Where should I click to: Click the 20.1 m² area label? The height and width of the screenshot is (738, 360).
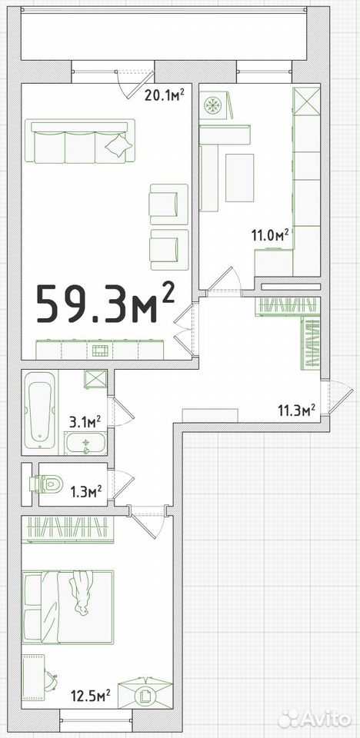coord(165,95)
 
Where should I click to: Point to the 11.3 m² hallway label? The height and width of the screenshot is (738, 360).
coord(296,411)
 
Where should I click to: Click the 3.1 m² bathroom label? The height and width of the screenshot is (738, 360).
coord(85,421)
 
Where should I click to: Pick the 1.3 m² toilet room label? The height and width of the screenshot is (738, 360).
coord(86,492)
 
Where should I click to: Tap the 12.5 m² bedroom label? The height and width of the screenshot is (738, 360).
coord(91,694)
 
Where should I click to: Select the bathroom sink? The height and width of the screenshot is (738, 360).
coord(85,444)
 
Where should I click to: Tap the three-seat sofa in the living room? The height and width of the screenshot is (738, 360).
coord(80,141)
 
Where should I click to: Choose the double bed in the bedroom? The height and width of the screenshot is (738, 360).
coord(68,607)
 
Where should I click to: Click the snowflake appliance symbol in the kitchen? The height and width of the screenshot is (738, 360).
coord(212,105)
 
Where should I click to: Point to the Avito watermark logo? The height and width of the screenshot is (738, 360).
coord(315,720)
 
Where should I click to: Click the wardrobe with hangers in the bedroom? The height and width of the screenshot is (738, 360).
coord(68,530)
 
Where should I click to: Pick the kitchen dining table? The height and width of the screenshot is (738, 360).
coord(239,178)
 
